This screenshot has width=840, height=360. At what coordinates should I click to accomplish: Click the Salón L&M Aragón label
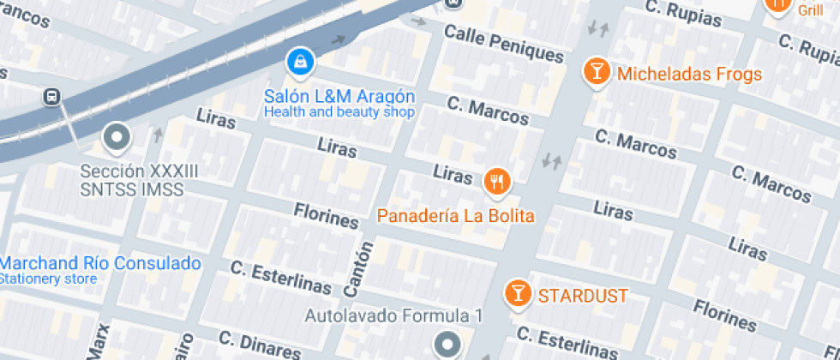point(339,96)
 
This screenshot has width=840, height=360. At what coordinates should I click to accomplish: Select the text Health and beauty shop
point(339,112)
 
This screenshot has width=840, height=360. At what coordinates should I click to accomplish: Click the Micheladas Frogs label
point(689,75)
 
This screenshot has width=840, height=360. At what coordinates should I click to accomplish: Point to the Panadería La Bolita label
point(456,216)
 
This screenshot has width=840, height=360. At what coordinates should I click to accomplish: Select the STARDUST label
point(583,297)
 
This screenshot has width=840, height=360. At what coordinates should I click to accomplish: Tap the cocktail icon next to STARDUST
point(518,293)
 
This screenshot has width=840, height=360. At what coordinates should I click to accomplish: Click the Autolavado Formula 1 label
point(394,316)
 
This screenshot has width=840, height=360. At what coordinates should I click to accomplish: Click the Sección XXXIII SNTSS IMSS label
point(139,180)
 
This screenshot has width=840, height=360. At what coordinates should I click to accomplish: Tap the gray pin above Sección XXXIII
point(115,136)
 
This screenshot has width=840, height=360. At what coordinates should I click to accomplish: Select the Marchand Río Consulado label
point(100,263)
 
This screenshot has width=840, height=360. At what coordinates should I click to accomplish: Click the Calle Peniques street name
point(504,44)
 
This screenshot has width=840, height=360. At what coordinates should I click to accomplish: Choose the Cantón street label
point(362,269)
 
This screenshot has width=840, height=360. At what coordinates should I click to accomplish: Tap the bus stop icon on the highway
point(53,97)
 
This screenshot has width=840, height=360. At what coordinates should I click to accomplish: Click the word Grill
point(809,10)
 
